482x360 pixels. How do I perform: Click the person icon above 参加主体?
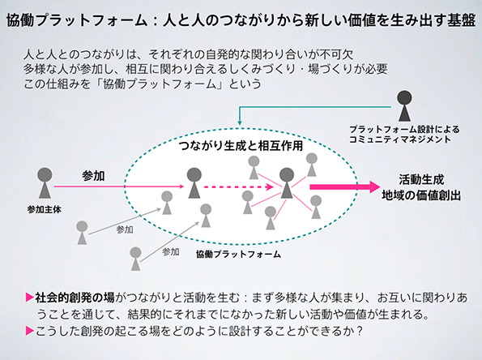pos(45,182)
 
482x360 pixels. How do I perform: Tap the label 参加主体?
pos(45,209)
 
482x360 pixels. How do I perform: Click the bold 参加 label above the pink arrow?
pos(93,176)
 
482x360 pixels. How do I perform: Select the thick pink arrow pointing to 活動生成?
pos(345,186)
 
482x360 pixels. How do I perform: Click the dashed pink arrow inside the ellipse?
pos(238,186)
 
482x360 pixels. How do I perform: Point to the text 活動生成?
pos(421,179)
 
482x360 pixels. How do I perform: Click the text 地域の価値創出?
pos(421,195)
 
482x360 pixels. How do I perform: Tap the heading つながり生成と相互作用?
pos(241,145)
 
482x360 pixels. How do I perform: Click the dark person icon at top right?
pos(404,105)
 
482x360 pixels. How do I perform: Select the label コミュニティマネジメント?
pos(400,139)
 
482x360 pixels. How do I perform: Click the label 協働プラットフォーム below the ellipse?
pos(238,254)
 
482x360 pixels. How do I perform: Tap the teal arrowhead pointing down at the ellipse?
pos(240,122)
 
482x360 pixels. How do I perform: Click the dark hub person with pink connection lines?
pos(287,182)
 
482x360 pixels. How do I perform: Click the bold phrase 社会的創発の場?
pos(75,298)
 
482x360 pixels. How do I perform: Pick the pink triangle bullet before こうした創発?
pos(30,331)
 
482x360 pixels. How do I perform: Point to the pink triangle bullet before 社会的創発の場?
pos(30,298)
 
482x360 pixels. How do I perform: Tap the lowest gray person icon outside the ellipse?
pos(135,259)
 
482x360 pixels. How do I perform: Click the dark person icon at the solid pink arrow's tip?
pos(194,182)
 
